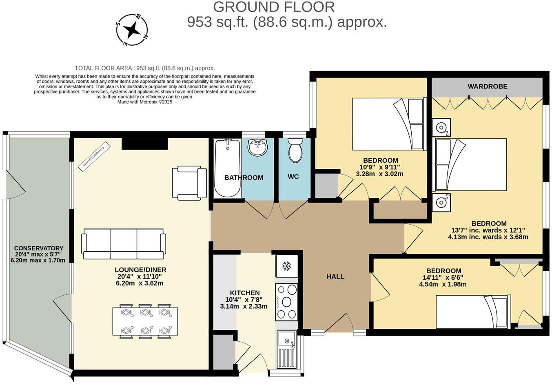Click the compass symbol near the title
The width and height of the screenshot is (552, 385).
click(x=132, y=29)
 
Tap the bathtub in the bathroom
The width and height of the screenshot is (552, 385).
click(x=227, y=168)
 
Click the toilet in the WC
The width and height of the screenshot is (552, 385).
click(x=295, y=150)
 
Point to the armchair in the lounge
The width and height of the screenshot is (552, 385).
click(x=189, y=183)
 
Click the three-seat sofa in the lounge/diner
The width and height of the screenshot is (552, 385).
click(x=124, y=244)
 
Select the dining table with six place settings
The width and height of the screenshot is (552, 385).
click(x=145, y=321)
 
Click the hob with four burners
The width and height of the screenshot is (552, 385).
click(x=286, y=301)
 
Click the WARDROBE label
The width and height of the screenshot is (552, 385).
click(x=488, y=86)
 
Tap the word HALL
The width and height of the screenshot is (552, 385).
click(x=335, y=277)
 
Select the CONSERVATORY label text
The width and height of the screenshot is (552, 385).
click(x=39, y=248)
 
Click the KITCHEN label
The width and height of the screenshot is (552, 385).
click(x=245, y=293)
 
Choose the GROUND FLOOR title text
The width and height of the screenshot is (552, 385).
click(x=274, y=7)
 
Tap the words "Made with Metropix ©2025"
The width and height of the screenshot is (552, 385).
click(x=145, y=102)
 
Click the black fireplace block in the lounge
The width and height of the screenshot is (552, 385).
click(x=145, y=144)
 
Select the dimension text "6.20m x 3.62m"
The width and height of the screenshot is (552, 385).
click(x=140, y=283)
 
